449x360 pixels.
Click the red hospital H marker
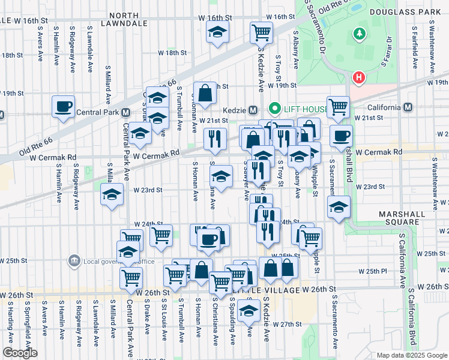pos(359,77)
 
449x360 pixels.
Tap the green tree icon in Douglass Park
pos(360,34)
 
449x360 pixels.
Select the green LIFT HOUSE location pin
pos(275,109)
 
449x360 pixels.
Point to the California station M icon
pos(408,107)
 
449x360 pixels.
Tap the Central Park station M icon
pos(126,112)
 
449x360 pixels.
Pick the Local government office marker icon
pos(74,260)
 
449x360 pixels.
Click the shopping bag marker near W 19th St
pos(205,93)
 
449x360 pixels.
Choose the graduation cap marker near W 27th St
pos(247,311)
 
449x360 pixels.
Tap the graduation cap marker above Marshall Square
pos(339,207)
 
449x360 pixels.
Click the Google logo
pos(19,353)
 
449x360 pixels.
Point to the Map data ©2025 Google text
pos(411,355)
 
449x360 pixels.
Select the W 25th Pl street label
pos(371,271)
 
